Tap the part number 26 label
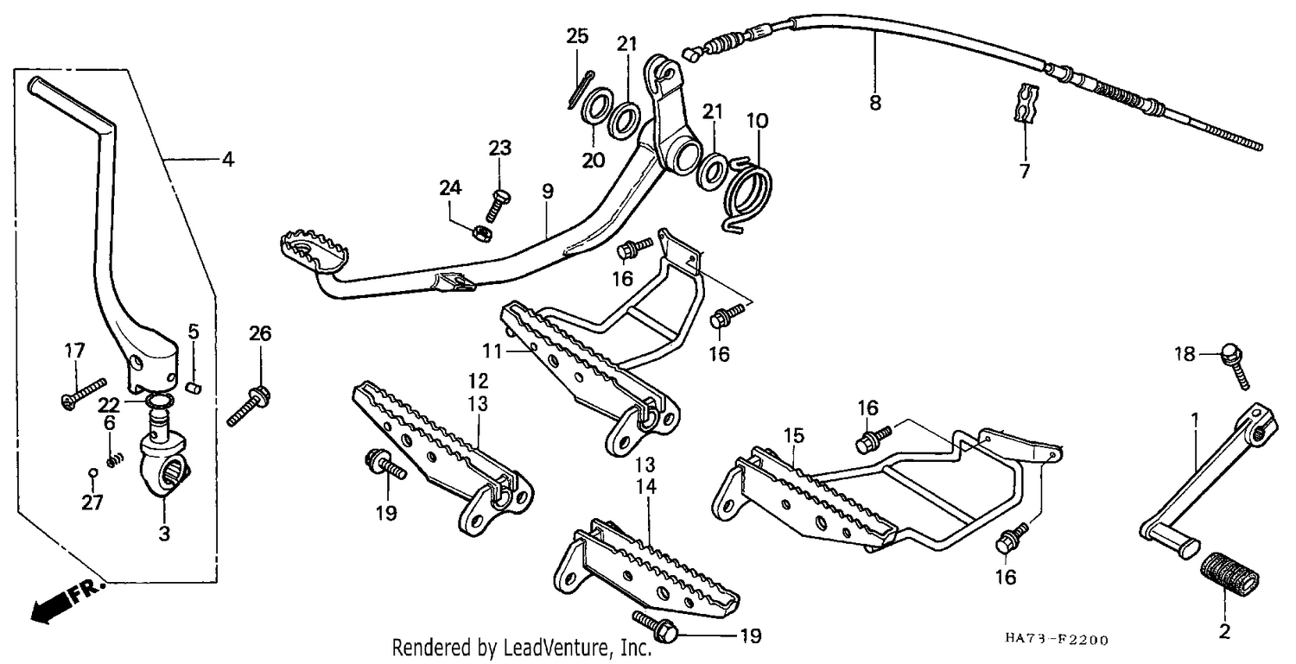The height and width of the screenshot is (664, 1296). click(260, 334)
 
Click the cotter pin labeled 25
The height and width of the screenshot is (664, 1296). click(581, 90)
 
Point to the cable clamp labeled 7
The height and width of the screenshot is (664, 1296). click(1026, 104)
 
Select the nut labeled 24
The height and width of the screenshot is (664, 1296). click(482, 234)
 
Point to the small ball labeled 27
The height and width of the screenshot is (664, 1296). click(92, 472)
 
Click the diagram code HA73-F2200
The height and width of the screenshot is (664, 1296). click(1056, 640)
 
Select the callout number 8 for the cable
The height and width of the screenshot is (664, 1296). click(874, 104)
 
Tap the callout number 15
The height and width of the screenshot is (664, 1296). click(794, 435)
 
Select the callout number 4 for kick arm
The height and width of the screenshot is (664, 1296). click(228, 159)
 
